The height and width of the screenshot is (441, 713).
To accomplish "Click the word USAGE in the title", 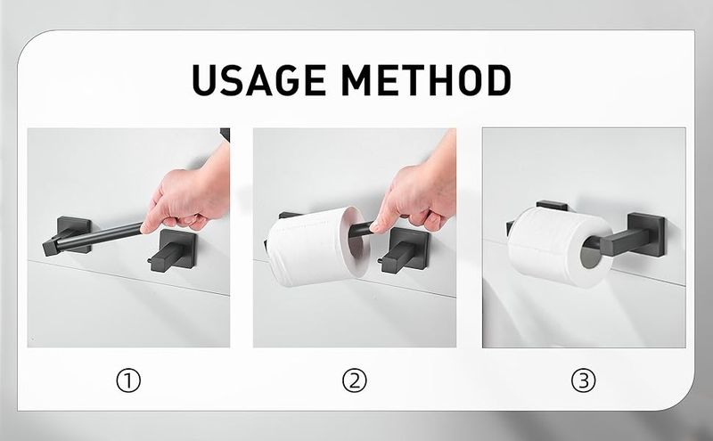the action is click(x=258, y=80).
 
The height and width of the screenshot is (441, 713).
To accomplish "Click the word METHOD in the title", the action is click(x=426, y=80).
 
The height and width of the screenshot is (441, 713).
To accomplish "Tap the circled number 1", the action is click(x=128, y=380).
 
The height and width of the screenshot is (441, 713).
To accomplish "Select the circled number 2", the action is click(x=354, y=380).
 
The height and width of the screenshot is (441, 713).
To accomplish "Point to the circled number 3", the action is click(x=583, y=380).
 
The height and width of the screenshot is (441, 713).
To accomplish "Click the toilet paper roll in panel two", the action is click(x=318, y=247).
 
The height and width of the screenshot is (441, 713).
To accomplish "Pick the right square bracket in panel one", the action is click(x=174, y=249).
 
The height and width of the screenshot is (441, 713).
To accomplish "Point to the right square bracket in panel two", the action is click(x=405, y=249).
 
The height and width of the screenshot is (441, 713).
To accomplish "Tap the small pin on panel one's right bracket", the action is click(x=150, y=260).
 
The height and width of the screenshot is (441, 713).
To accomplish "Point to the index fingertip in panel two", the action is click(x=374, y=227).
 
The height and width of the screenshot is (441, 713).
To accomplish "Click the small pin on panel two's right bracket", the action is click(x=381, y=260).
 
